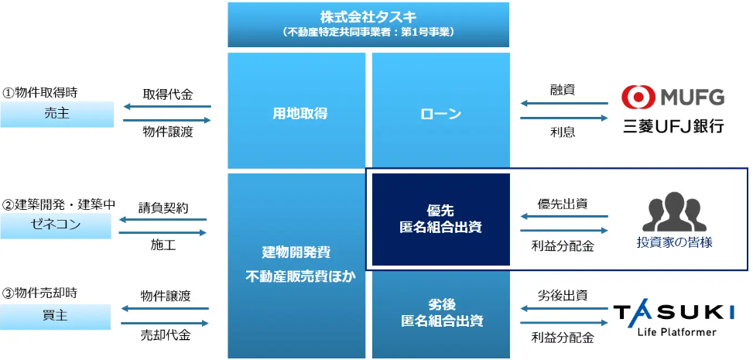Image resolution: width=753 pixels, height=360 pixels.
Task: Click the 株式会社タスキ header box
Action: point(368,25)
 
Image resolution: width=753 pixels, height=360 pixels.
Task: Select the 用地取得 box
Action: point(296,111)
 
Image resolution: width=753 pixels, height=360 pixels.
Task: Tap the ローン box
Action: point(441,111)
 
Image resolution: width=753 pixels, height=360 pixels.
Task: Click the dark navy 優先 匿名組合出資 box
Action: point(441,220)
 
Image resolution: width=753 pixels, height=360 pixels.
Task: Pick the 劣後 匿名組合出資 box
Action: point(441,313)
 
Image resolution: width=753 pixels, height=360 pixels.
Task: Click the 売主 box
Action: point(56,115)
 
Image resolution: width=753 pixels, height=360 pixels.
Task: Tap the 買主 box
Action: point(56,317)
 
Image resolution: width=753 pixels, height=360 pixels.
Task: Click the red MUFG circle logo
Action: point(636,97)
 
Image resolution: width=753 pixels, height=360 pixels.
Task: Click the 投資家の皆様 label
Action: point(674,243)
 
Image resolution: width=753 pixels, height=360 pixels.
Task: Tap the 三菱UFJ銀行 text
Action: point(672,127)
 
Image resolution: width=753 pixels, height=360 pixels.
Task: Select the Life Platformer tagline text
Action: point(677,331)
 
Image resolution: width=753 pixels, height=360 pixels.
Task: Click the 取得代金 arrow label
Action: point(168,94)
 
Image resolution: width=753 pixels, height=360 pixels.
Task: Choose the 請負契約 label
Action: point(163,208)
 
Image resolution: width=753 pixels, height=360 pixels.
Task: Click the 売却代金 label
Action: point(165,335)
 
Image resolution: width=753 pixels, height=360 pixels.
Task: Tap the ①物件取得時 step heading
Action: point(39,92)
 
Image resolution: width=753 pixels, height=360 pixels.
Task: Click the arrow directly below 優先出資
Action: point(564,231)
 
